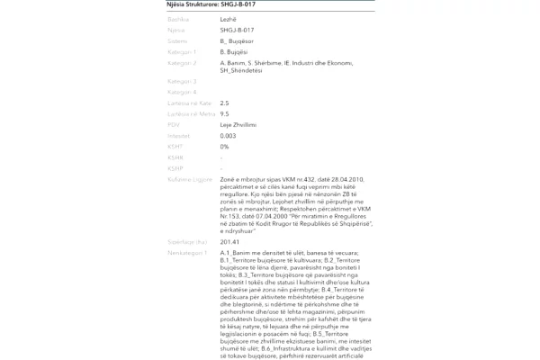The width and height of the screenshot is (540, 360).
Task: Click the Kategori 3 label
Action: [x=182, y=81]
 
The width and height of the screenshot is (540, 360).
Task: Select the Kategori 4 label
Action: [x=182, y=92]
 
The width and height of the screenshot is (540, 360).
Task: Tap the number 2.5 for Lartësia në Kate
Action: [x=224, y=103]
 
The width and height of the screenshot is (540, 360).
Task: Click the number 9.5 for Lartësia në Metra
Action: [x=224, y=114]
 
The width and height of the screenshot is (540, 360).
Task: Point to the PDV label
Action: [x=175, y=124]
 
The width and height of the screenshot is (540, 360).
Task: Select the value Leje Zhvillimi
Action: [x=238, y=124]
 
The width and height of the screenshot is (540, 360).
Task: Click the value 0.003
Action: [x=228, y=136]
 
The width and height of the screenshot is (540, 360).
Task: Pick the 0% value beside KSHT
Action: [x=224, y=146]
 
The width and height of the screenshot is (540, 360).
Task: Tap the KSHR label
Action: [x=175, y=157]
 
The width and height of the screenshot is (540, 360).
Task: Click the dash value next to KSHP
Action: [x=221, y=168]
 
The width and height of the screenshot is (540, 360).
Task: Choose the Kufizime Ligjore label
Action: [x=190, y=179]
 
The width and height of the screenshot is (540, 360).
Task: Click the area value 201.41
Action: [x=229, y=242]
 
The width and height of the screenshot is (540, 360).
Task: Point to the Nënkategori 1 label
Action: [x=187, y=253]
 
